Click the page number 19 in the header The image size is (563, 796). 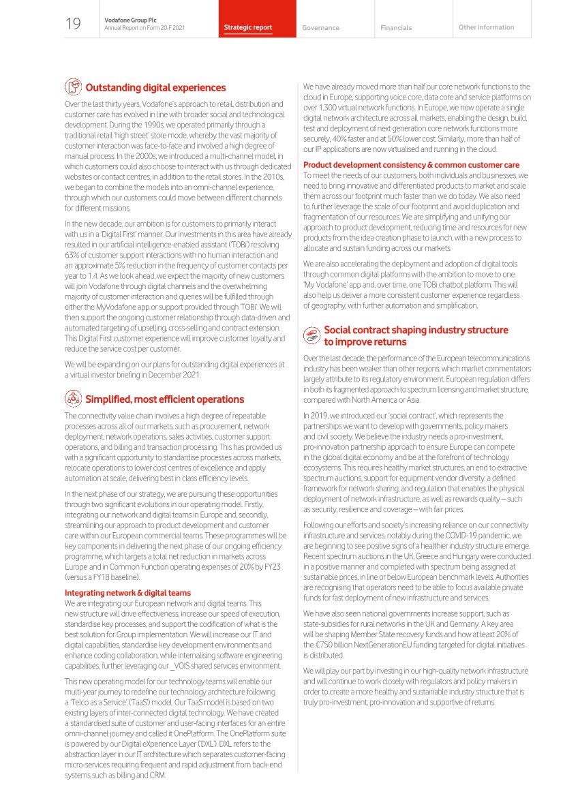tap(73, 25)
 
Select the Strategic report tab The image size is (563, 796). tap(248, 28)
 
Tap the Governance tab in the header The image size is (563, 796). tap(320, 28)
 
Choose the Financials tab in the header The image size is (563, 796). tap(396, 28)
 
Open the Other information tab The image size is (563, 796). tap(487, 27)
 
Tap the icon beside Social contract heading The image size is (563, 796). tap(311, 335)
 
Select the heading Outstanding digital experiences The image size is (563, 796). tap(155, 88)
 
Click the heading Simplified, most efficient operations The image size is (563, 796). tap(164, 399)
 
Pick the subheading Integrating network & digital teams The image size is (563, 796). tap(127, 593)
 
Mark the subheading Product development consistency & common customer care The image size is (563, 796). tap(411, 165)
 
